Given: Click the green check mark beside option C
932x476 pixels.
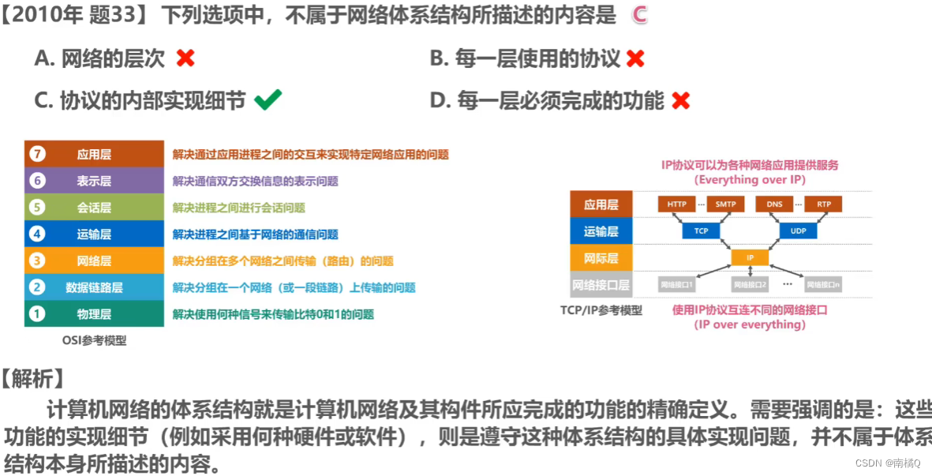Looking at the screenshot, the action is coord(268,100).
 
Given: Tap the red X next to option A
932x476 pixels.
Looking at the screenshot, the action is coord(185,58).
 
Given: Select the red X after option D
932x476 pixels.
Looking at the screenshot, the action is coord(680,100).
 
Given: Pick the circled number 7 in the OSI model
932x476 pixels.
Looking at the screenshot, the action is coord(36,154).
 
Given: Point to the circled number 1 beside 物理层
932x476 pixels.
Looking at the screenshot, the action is coord(36,314).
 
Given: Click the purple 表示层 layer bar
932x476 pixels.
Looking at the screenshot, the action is coord(94,181).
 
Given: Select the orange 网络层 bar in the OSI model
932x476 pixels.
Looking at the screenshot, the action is coord(94,260).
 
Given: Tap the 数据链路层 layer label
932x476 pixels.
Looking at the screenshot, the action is coord(94,287).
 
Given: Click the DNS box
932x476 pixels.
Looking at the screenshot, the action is coord(774,204).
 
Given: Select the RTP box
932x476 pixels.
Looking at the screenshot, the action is coord(824,204).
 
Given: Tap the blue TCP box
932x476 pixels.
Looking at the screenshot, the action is coord(701,231).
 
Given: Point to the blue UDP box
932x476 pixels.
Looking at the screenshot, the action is coord(799,231).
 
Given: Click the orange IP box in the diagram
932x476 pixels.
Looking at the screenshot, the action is coord(750,257).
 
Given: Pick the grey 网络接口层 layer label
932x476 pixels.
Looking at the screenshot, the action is coord(601,284).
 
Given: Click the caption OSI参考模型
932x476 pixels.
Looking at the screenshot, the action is coord(94,341).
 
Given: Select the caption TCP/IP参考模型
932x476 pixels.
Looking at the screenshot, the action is coord(601,310).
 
